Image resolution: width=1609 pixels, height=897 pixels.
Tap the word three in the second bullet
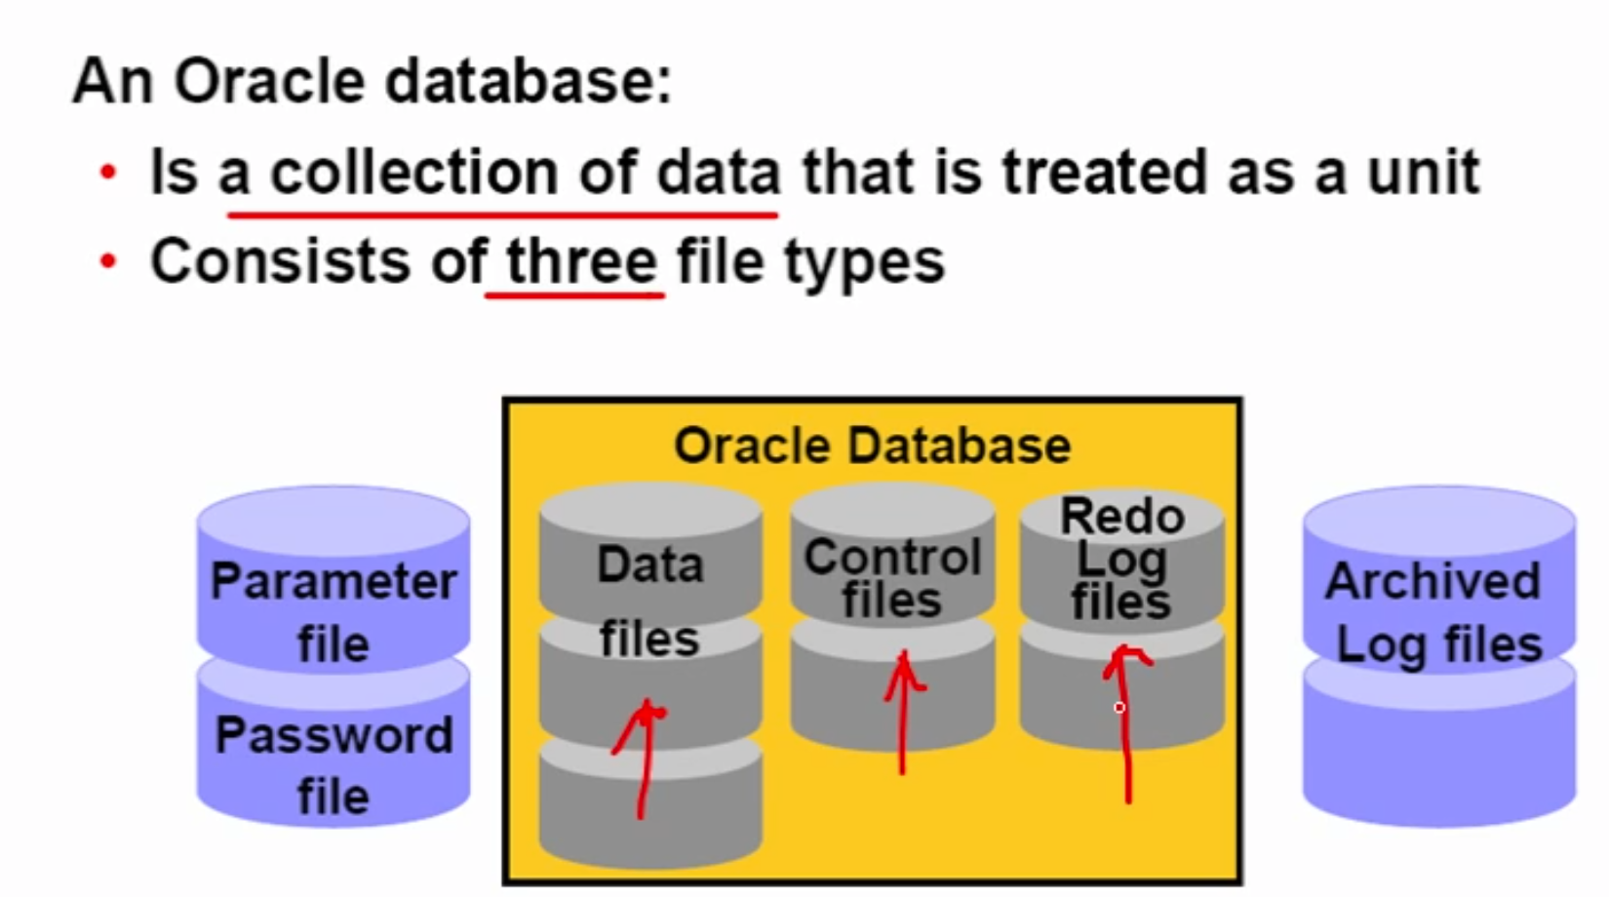pos(581,261)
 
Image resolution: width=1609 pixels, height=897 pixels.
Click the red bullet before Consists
pos(107,261)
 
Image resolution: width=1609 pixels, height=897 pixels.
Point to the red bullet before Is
pos(107,174)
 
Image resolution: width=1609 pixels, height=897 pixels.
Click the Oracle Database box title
pos(872,446)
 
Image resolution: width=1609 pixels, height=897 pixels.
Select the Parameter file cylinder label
pos(334,612)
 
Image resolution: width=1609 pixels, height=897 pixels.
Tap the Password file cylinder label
pos(334,765)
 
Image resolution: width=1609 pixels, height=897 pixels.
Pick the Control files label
pos(892,577)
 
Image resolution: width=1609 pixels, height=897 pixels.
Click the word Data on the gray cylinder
pos(649,565)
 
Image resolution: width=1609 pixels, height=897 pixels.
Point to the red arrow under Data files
pos(644,760)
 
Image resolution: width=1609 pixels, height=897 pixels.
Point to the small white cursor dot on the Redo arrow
pos(1119,707)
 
